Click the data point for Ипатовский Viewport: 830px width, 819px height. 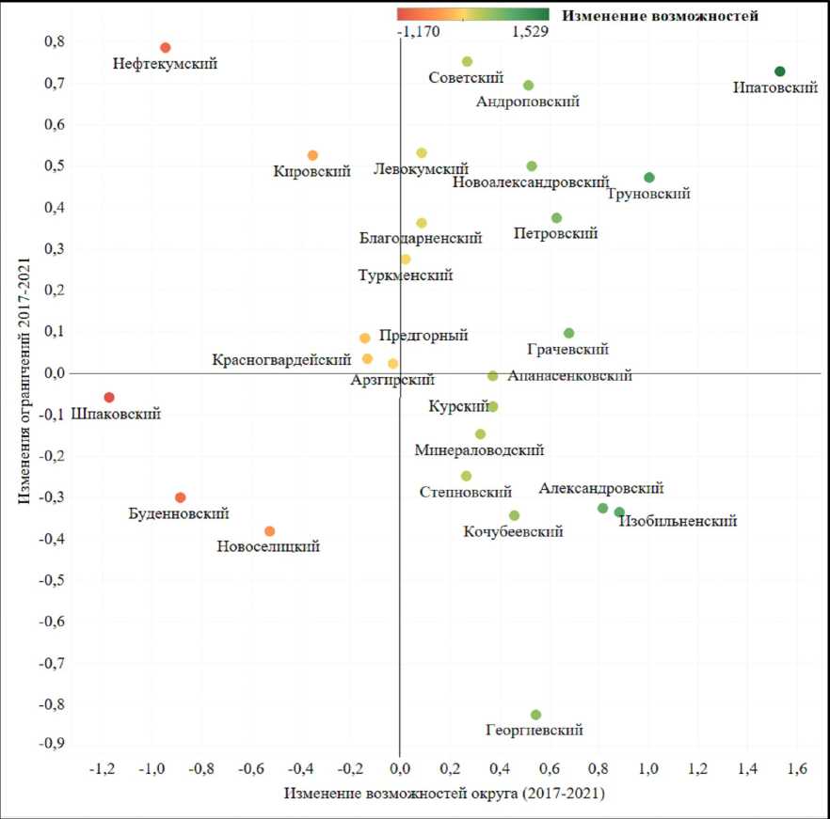(x=779, y=71)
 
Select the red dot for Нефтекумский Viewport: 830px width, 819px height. (x=165, y=48)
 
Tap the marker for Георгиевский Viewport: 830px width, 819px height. (x=535, y=715)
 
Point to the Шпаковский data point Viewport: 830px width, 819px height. (x=109, y=398)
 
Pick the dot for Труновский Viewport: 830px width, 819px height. (x=649, y=178)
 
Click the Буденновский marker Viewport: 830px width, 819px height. (x=181, y=497)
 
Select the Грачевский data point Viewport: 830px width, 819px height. (x=568, y=333)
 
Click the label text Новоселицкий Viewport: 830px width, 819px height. (x=268, y=546)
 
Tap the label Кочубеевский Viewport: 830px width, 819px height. (x=513, y=531)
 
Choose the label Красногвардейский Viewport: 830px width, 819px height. (x=281, y=359)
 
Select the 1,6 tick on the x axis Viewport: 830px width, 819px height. (x=796, y=770)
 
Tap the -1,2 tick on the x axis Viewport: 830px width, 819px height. (x=102, y=770)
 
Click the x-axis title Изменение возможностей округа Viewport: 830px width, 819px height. (x=444, y=794)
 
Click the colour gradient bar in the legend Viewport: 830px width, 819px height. (x=472, y=14)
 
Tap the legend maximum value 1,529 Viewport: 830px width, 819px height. (x=530, y=31)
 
